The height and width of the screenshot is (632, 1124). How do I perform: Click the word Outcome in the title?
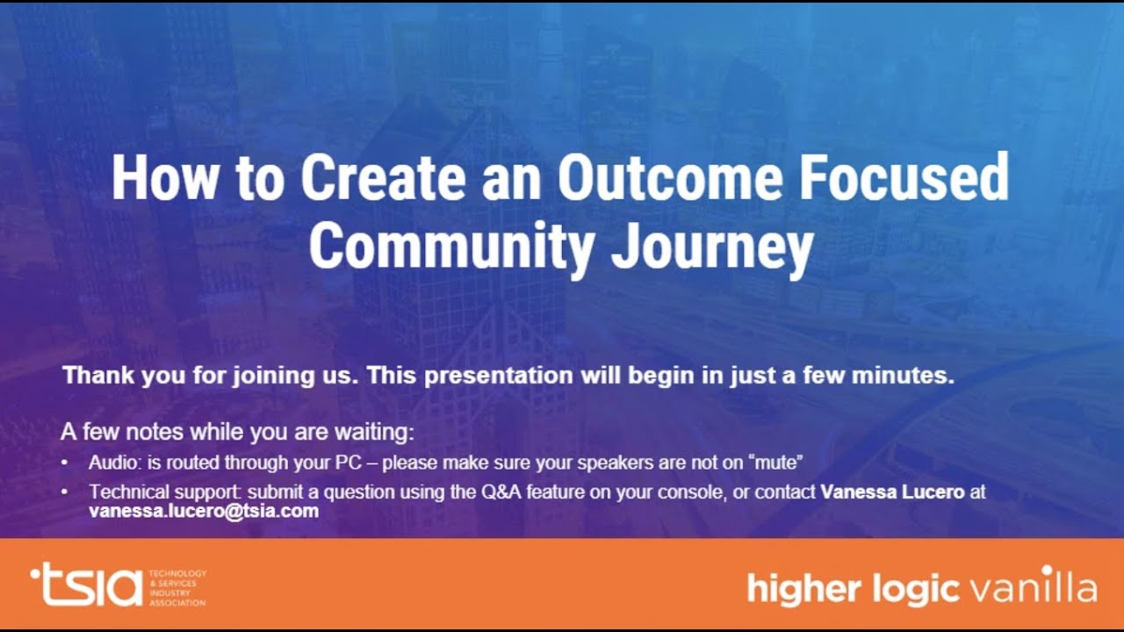coord(669,179)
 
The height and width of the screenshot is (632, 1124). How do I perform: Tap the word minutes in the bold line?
coord(910,376)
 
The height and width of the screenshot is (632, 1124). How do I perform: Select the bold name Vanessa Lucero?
coord(892,492)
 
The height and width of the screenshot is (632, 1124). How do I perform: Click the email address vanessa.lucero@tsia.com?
coord(204,511)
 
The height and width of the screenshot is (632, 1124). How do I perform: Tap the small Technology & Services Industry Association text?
coord(177,587)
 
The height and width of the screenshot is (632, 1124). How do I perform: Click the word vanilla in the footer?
coord(1033,587)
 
